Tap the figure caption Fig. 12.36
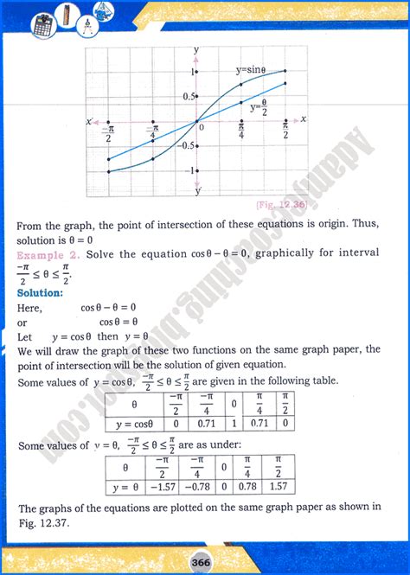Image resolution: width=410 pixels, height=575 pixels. (281, 204)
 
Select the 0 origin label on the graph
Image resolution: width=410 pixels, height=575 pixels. (202, 127)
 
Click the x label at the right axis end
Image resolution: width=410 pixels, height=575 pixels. (304, 117)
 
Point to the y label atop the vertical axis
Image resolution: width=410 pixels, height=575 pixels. (196, 51)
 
